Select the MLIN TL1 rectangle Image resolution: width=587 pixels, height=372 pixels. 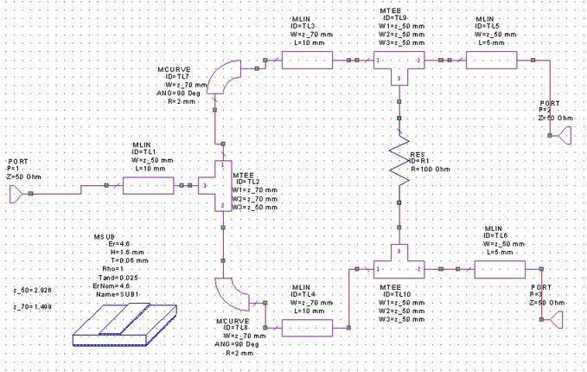click(x=148, y=184)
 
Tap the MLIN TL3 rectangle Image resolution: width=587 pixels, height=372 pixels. click(x=307, y=61)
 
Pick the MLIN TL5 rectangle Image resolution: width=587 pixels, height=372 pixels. click(x=491, y=61)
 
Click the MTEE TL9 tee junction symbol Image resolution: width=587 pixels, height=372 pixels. click(x=398, y=66)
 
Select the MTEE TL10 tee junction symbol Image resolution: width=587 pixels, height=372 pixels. click(x=398, y=264)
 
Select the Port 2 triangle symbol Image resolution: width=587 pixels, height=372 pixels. click(x=568, y=136)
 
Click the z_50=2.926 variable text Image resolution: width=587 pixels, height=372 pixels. click(x=33, y=290)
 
